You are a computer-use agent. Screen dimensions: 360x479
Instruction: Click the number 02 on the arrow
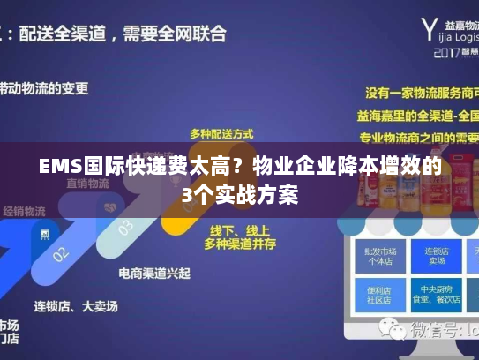pyautogui.click(x=60, y=254)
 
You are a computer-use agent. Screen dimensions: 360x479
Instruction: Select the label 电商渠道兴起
pyautogui.click(x=154, y=273)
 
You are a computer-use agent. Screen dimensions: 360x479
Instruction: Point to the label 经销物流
pyautogui.click(x=24, y=211)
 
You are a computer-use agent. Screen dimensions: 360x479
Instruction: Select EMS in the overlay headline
pyautogui.click(x=59, y=166)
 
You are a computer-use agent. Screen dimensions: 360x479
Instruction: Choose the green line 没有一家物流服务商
pyautogui.click(x=419, y=93)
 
